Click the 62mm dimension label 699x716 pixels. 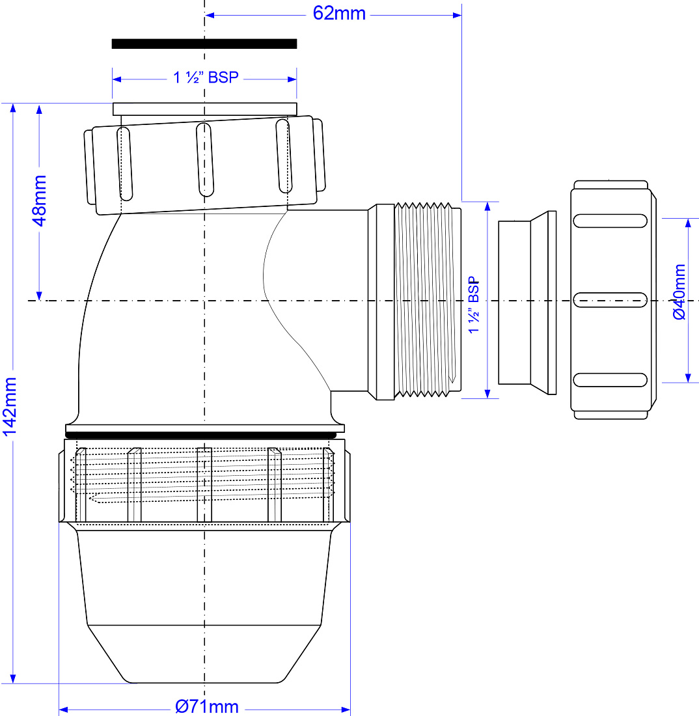(x=339, y=14)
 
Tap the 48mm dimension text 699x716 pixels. (x=39, y=200)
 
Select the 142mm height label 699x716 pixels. (x=10, y=407)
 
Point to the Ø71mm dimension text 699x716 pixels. (x=207, y=707)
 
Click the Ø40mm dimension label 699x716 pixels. (x=679, y=292)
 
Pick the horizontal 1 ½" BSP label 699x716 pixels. (x=206, y=77)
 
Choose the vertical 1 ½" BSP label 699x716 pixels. (x=474, y=305)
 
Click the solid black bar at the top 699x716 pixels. (x=204, y=44)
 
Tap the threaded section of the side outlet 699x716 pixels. (x=428, y=300)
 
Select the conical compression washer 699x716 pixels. (x=527, y=302)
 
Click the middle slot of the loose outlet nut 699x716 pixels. (x=610, y=300)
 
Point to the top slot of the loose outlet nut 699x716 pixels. (x=610, y=221)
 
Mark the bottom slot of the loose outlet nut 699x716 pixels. (x=610, y=380)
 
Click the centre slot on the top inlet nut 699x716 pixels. (x=205, y=159)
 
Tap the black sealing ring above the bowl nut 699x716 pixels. (x=204, y=435)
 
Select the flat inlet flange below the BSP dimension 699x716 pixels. (x=204, y=109)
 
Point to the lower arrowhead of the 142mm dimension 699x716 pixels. (x=13, y=678)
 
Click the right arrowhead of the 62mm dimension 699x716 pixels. (x=457, y=15)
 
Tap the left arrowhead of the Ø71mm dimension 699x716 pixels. (x=64, y=709)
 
